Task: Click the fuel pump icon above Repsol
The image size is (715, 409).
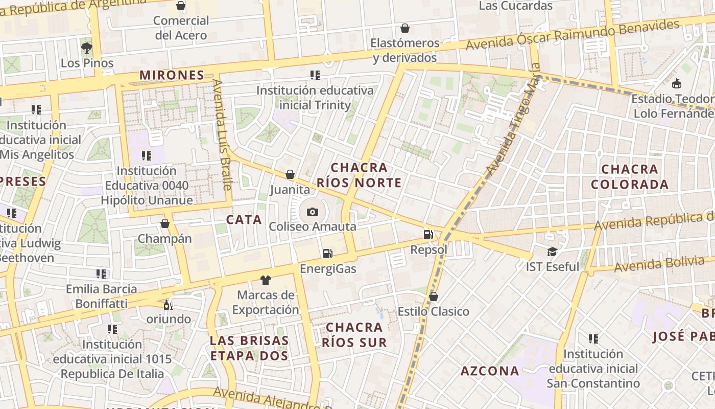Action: [x=428, y=235]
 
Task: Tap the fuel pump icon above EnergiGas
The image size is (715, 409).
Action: [x=327, y=254]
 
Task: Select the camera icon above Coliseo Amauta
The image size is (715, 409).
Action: [x=312, y=212]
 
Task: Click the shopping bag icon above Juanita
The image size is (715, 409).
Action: [x=290, y=175]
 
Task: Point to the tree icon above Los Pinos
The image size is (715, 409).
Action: [x=87, y=48]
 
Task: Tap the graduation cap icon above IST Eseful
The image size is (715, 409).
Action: [x=552, y=252]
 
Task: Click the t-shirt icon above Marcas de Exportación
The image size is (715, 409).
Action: [x=265, y=280]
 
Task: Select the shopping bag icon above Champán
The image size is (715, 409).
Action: [x=165, y=223]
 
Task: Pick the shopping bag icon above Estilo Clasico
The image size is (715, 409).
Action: [x=434, y=297]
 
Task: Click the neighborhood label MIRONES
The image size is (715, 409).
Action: [x=172, y=75]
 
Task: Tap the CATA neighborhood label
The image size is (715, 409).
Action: [x=244, y=220]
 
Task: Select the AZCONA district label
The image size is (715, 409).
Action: [x=490, y=371]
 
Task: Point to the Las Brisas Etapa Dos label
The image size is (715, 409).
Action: [x=249, y=348]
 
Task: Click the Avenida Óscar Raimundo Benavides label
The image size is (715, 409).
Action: [x=573, y=35]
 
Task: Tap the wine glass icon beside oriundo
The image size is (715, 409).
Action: [x=168, y=305]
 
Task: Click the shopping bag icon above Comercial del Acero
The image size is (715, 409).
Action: [x=181, y=6]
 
